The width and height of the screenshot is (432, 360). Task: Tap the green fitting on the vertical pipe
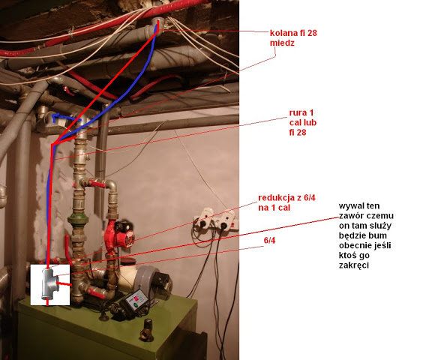(78, 220)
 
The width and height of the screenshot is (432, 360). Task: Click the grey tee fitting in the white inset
(49, 283)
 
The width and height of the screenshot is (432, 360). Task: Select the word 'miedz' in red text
(282, 43)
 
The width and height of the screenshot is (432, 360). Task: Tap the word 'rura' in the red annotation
(298, 112)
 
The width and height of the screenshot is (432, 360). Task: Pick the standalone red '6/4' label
(269, 241)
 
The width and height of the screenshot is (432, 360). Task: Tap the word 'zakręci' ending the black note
(354, 265)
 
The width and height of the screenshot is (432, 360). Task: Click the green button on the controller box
(136, 305)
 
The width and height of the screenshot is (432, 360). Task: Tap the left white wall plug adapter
(203, 217)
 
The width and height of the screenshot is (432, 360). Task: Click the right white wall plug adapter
(225, 220)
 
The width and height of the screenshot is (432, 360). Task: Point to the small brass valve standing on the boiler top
(147, 330)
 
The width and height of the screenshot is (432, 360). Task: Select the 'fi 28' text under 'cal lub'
(298, 133)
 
